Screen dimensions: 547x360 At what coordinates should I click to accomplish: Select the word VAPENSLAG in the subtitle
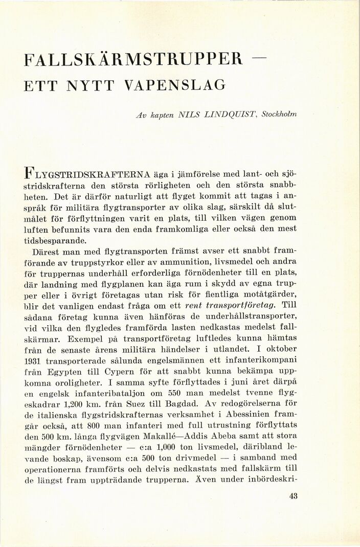pyautogui.click(x=173, y=87)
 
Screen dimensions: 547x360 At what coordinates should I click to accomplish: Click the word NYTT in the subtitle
pyautogui.click(x=86, y=87)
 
